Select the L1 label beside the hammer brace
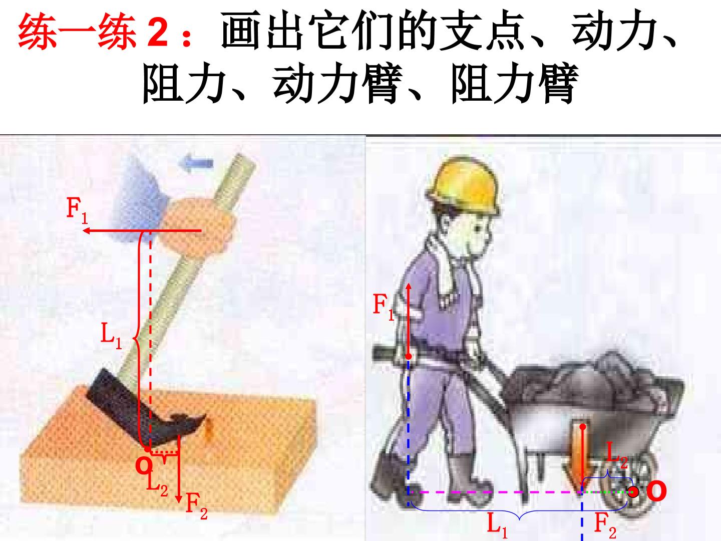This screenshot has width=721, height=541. click(111, 336)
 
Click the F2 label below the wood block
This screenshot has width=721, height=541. click(197, 506)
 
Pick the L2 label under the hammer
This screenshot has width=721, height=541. click(157, 483)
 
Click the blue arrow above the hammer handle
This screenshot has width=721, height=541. click(195, 163)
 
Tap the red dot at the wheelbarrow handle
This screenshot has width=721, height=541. click(408, 356)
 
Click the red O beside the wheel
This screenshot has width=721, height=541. click(656, 491)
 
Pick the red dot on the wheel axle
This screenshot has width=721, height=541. click(633, 492)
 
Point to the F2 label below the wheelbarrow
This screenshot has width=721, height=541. click(605, 525)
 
